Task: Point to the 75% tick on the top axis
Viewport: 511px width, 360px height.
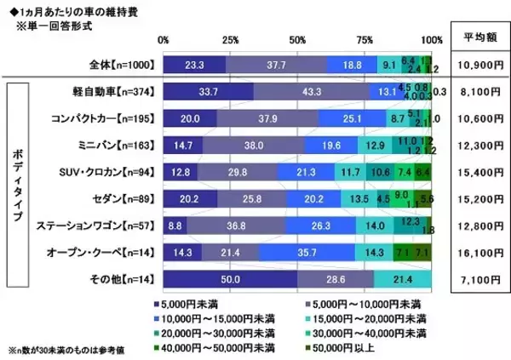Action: pos(365,40)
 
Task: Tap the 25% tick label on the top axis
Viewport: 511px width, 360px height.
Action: pos(230,40)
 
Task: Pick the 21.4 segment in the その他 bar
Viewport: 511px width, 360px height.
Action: pos(404,280)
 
